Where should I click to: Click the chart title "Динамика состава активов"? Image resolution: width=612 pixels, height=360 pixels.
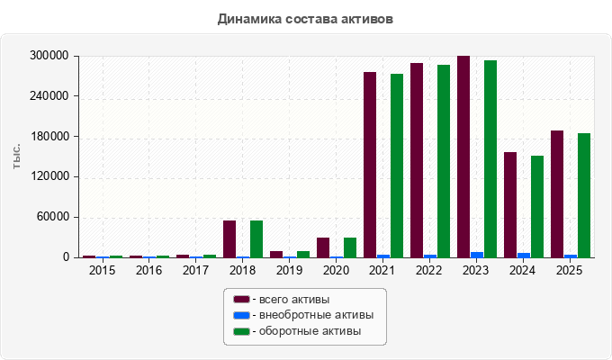[305, 19]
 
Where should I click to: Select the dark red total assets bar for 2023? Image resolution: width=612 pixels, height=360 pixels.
[463, 157]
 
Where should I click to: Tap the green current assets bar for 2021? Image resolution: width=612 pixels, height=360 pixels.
[397, 166]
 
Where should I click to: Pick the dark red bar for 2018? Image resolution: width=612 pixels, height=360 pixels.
[229, 239]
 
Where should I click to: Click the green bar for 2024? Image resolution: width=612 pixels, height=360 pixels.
[537, 207]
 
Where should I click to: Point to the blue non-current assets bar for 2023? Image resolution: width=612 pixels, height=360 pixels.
[477, 255]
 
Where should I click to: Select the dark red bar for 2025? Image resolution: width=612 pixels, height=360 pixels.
[557, 194]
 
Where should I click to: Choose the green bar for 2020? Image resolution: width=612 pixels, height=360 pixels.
[350, 247]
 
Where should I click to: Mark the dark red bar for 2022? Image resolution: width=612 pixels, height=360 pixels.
[417, 160]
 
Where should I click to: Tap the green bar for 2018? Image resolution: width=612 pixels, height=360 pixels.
[256, 239]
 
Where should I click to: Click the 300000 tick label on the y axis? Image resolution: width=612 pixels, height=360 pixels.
[49, 56]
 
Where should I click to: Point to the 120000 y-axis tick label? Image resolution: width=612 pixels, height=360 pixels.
[49, 176]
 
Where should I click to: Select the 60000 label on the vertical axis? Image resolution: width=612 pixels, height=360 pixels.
[53, 217]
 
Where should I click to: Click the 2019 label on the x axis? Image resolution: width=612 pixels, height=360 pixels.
[289, 270]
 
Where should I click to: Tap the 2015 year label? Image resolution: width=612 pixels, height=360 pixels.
[102, 270]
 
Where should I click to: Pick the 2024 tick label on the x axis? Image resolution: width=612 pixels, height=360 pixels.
[523, 270]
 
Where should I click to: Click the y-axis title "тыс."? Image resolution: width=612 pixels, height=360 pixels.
[16, 157]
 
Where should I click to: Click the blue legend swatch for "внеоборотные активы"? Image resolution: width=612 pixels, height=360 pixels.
[241, 315]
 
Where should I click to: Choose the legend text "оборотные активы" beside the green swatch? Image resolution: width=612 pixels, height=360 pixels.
[310, 331]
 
